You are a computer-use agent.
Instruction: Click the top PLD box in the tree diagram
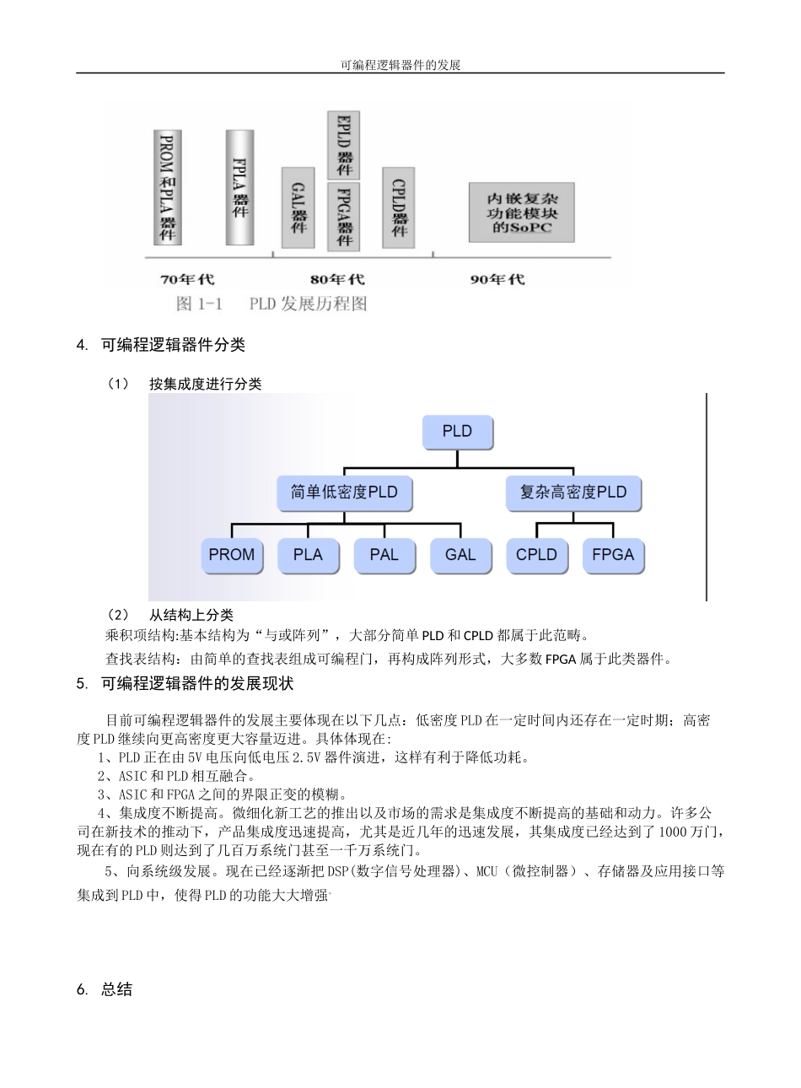point(457,432)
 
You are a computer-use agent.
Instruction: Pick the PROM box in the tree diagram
point(232,555)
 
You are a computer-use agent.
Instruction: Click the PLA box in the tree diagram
point(308,555)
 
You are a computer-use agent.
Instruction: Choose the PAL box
point(384,555)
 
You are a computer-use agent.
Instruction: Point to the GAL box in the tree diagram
point(460,555)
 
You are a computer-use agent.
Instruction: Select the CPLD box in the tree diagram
point(536,555)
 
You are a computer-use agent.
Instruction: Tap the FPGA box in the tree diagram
point(613,555)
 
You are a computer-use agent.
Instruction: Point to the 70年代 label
point(186,279)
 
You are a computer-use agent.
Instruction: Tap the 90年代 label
point(497,279)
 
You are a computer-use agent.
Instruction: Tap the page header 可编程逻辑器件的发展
point(400,65)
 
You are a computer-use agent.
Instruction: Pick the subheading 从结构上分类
point(191,616)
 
